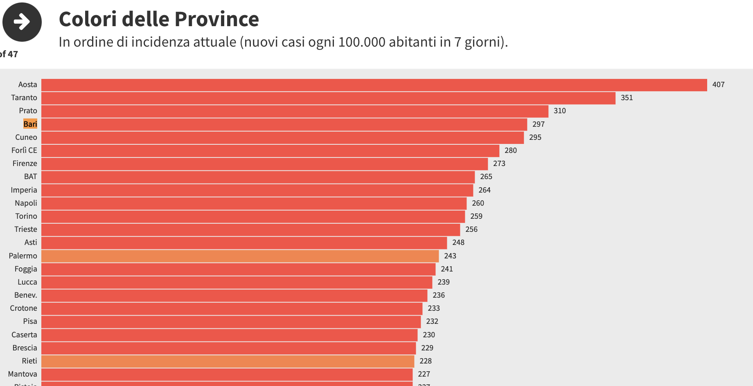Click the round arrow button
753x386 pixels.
click(x=22, y=22)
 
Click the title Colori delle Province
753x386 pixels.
click(x=159, y=19)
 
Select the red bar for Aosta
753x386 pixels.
click(x=374, y=85)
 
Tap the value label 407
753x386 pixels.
click(x=718, y=85)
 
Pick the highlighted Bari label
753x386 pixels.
click(x=30, y=124)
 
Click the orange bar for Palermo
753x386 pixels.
click(x=240, y=256)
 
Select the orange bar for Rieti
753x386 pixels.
click(x=228, y=361)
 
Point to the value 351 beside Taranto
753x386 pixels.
click(x=627, y=98)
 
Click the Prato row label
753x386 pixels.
click(x=28, y=111)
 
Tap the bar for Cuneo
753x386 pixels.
click(x=282, y=137)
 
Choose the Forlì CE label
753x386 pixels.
click(x=24, y=150)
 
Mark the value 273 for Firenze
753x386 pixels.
click(x=499, y=164)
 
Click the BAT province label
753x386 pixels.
click(x=30, y=177)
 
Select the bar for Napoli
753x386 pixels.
click(x=254, y=203)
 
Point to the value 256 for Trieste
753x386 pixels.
click(x=471, y=229)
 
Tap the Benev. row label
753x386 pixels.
click(x=25, y=295)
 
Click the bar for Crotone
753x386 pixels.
click(x=232, y=308)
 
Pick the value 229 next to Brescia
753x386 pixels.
click(x=427, y=348)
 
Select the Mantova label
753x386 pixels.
click(x=23, y=374)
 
